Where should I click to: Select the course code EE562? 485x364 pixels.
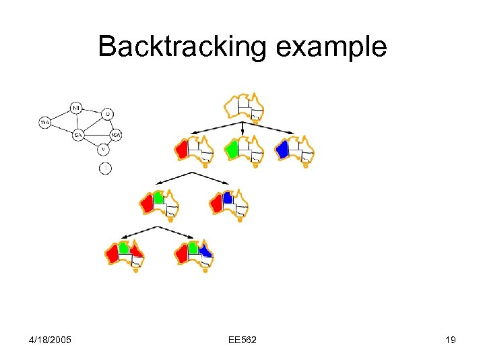[x=243, y=339]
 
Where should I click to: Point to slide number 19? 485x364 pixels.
[x=450, y=339]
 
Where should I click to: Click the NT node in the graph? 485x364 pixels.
[x=76, y=108]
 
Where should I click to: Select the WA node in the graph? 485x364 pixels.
[x=45, y=122]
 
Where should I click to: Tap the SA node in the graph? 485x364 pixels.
[x=79, y=135]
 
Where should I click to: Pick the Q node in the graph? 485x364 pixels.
[x=108, y=114]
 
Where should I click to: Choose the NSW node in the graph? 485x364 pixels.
[x=116, y=134]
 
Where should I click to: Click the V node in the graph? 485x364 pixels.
[x=103, y=149]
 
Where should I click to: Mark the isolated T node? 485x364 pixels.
[x=105, y=168]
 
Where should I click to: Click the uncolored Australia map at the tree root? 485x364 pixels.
[x=244, y=108]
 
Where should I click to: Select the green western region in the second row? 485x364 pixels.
[x=232, y=149]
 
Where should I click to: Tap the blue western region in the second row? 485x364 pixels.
[x=283, y=149]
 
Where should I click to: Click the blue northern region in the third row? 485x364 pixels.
[x=228, y=198]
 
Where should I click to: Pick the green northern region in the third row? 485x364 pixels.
[x=158, y=198]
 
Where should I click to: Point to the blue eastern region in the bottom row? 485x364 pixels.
[x=205, y=251]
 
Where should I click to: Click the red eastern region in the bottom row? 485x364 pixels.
[x=137, y=251]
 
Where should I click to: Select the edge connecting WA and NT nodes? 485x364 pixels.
[x=60, y=115]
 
